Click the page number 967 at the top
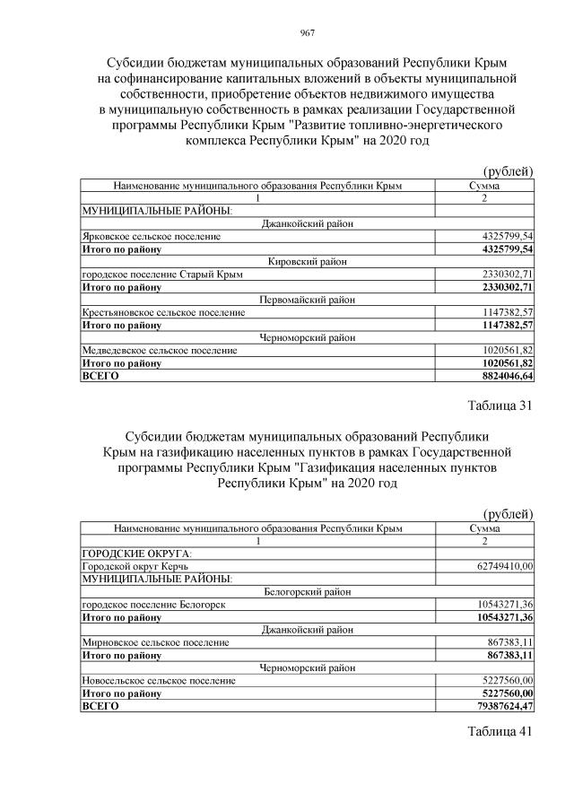pos(306,33)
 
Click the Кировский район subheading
pos(308,261)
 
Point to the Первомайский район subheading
pos(308,300)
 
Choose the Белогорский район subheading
pos(308,592)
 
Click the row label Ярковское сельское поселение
pos(150,236)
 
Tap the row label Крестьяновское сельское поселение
pos(162,312)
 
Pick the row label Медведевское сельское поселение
pos(159,350)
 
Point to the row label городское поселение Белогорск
pos(153,605)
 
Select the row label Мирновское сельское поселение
pos(154,642)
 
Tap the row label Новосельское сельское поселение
pos(158,681)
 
